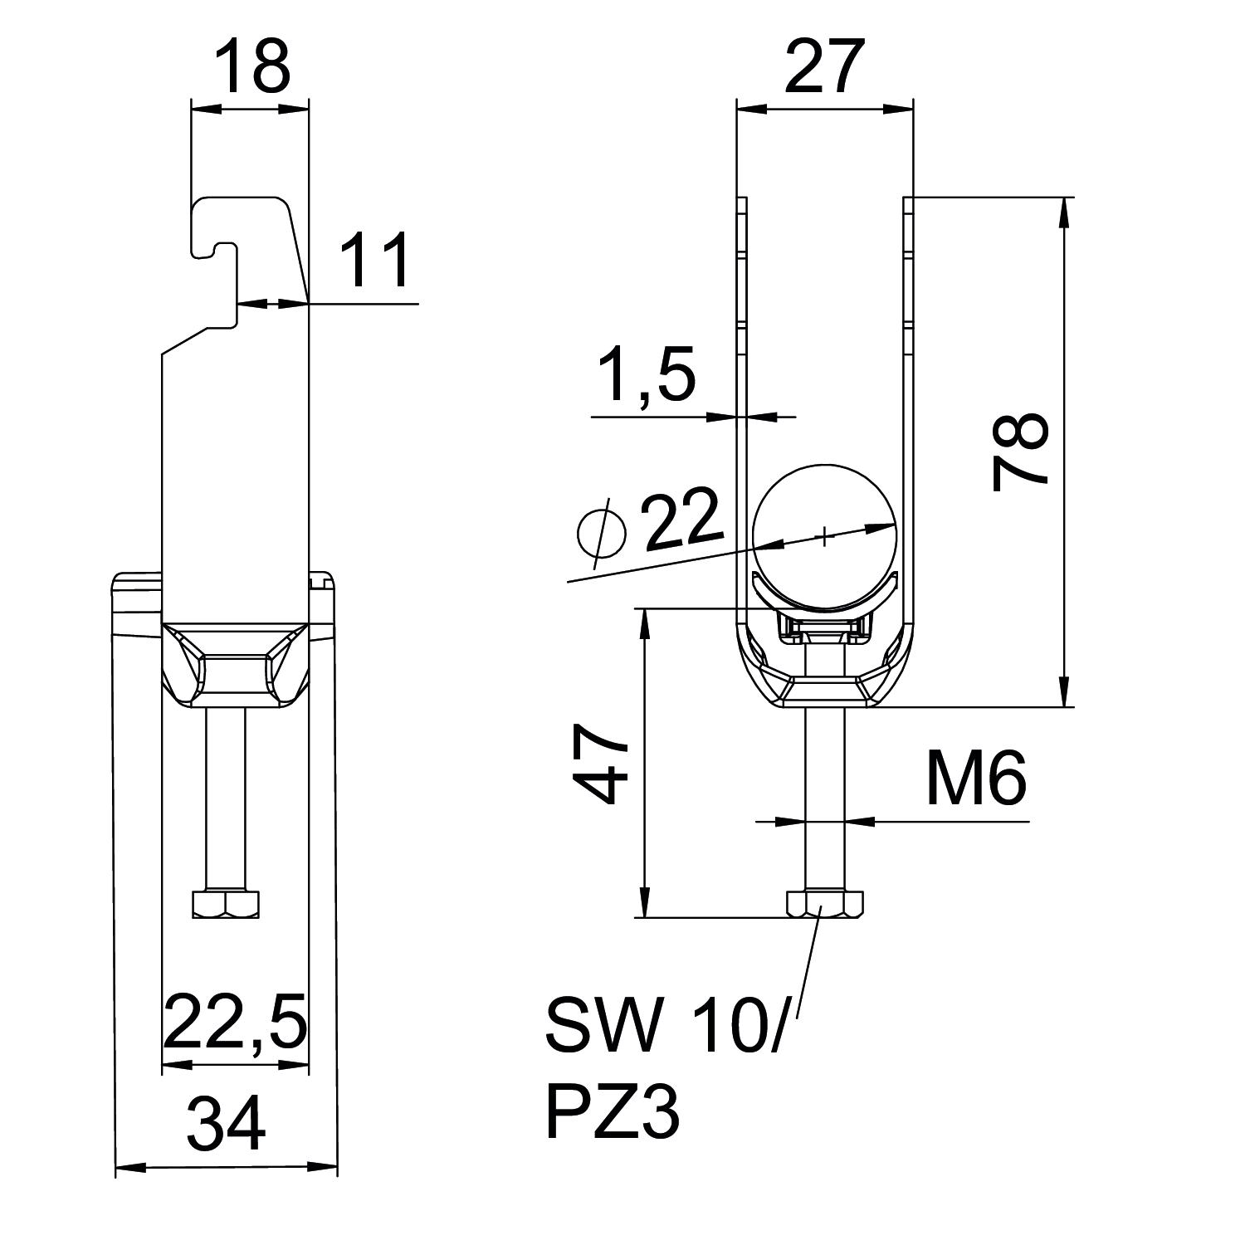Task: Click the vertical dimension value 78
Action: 1021,452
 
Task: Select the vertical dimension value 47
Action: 599,764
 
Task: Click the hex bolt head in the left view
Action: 226,904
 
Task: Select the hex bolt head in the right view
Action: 824,904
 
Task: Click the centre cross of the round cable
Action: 824,536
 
